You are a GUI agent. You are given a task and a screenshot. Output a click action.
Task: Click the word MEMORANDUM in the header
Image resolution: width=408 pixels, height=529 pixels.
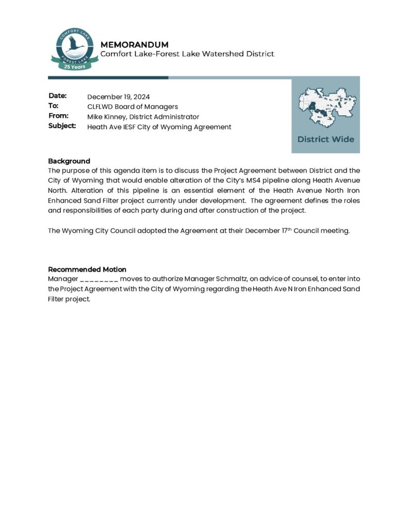(x=134, y=44)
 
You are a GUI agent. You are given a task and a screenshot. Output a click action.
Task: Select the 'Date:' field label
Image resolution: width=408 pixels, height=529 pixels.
(x=58, y=96)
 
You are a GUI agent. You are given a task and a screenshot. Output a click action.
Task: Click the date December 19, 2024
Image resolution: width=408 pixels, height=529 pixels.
(x=119, y=97)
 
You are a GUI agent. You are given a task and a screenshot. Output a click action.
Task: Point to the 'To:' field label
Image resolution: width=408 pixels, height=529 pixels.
(x=54, y=106)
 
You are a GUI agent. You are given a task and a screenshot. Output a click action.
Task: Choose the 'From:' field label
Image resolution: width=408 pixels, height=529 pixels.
(x=58, y=116)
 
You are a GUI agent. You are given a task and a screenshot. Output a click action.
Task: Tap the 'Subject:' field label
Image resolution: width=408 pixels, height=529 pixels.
(x=62, y=126)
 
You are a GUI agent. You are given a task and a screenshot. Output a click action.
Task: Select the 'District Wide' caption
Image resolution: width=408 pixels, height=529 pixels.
(x=325, y=139)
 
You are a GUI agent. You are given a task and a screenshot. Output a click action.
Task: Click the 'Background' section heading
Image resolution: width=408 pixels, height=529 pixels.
(x=69, y=161)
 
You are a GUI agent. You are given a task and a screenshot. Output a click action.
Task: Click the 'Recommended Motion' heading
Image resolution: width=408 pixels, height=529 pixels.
(x=87, y=269)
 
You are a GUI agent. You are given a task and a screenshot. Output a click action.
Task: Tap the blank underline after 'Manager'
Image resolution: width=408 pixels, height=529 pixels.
(x=99, y=279)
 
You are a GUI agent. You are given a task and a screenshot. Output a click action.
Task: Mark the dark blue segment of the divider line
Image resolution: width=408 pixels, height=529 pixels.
(x=108, y=77)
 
